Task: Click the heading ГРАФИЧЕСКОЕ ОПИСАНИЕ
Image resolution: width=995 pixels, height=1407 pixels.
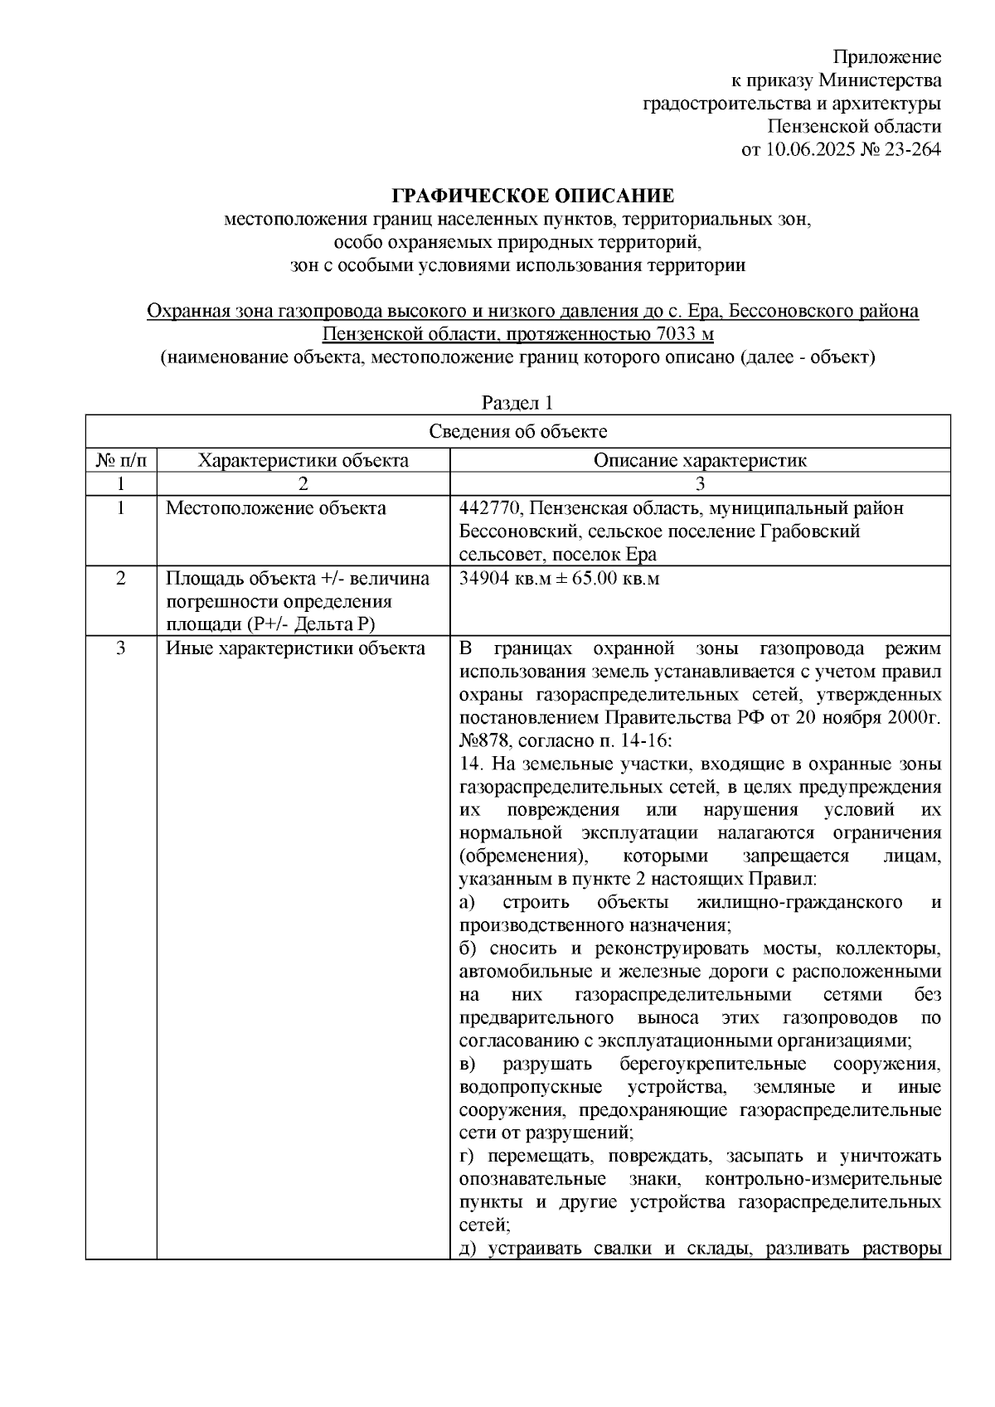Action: [x=533, y=196]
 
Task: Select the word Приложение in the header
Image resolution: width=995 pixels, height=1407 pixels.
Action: [x=887, y=57]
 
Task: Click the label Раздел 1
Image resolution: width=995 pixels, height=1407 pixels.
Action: [x=517, y=403]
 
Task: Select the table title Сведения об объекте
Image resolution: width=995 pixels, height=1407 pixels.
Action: [x=517, y=431]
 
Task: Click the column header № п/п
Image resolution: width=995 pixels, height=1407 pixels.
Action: [x=121, y=460]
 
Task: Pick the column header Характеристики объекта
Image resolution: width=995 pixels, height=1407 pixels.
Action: [x=303, y=460]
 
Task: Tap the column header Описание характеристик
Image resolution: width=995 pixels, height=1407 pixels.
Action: [x=699, y=460]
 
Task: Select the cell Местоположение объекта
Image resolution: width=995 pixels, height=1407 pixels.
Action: [x=275, y=508]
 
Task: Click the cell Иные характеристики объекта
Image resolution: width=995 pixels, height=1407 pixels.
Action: [x=295, y=648]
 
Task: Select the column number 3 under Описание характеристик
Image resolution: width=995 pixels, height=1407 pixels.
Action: [x=699, y=483]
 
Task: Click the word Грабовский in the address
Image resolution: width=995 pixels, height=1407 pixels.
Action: [x=810, y=531]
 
